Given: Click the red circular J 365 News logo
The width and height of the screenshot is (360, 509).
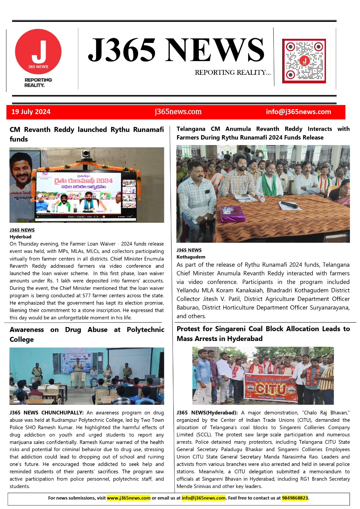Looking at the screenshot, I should (38, 52).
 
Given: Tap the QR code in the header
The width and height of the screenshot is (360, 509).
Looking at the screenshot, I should (304, 61).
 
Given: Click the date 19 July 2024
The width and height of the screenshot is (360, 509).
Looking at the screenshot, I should (31, 112).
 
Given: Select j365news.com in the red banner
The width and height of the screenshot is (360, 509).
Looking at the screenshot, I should (178, 112).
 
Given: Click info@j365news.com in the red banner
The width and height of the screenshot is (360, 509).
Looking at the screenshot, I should (298, 112).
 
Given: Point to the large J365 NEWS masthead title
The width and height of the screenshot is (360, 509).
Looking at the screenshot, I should (176, 50).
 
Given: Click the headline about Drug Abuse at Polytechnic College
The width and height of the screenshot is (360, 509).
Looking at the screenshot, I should (87, 334).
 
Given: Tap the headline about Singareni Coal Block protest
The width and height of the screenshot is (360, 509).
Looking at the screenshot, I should (263, 333).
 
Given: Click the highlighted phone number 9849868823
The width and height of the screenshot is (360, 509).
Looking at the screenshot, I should (295, 498).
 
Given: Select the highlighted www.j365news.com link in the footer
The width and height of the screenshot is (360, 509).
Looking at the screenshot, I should (129, 498).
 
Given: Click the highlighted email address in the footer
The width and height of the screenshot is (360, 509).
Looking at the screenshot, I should (203, 498).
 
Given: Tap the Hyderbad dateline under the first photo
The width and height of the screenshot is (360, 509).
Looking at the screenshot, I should (20, 237).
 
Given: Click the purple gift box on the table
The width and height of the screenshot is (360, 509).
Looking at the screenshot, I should (233, 213).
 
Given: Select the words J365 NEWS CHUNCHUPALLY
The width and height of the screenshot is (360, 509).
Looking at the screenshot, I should (46, 413).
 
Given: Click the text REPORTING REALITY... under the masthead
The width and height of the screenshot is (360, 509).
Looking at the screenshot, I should (233, 73).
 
